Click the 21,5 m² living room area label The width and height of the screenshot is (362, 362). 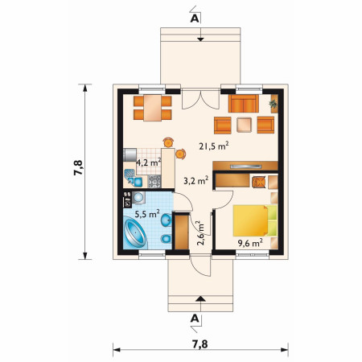(x=214, y=146)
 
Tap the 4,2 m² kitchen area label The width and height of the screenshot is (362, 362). (x=149, y=162)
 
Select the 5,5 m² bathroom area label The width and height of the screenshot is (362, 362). (x=147, y=214)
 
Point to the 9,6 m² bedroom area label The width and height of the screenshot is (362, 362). (x=250, y=243)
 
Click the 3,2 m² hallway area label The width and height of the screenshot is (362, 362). (x=196, y=180)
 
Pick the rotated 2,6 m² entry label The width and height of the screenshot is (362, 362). (x=200, y=233)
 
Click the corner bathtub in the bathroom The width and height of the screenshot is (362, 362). (x=135, y=233)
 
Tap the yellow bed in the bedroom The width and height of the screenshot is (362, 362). (x=251, y=220)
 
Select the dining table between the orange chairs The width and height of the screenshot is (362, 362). (x=153, y=108)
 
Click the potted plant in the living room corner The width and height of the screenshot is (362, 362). (x=274, y=103)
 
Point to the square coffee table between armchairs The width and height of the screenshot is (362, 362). (x=244, y=125)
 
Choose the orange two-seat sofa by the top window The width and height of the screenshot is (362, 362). (x=244, y=104)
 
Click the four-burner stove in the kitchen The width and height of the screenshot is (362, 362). (x=154, y=182)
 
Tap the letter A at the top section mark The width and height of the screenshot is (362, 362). (x=195, y=19)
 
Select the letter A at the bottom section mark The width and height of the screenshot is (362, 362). (x=195, y=319)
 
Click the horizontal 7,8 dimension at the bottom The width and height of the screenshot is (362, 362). (x=200, y=344)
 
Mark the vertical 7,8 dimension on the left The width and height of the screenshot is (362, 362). (x=78, y=168)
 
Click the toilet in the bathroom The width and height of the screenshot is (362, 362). (x=167, y=238)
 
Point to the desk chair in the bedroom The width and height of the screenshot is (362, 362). (x=259, y=182)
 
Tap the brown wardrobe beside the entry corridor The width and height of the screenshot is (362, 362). (x=182, y=232)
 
